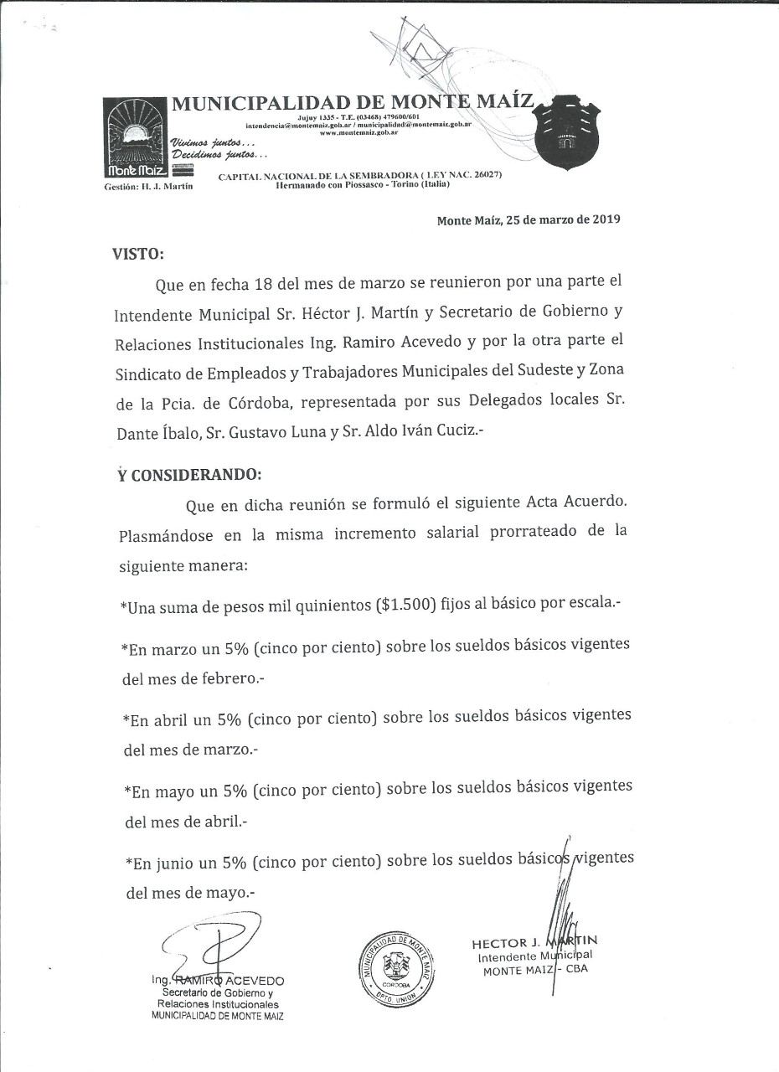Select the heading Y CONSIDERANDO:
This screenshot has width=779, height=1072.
pyautogui.click(x=189, y=474)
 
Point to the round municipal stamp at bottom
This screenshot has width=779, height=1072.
pyautogui.click(x=398, y=968)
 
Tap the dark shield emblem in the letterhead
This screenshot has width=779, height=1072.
pyautogui.click(x=568, y=133)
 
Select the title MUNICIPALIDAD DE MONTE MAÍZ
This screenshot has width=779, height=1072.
pyautogui.click(x=352, y=104)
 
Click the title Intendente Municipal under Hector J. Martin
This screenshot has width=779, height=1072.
pyautogui.click(x=534, y=956)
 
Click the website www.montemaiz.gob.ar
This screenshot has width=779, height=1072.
pyautogui.click(x=358, y=132)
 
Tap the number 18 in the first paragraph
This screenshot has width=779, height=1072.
pyautogui.click(x=263, y=284)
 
